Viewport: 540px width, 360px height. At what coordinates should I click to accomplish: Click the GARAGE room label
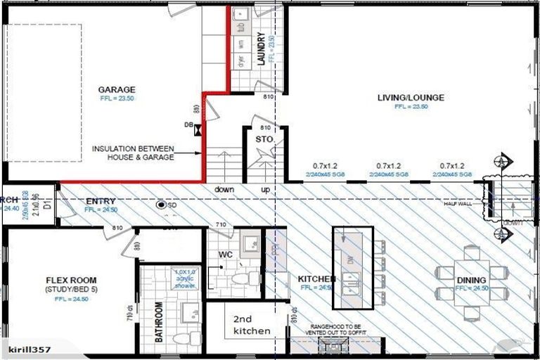(117, 89)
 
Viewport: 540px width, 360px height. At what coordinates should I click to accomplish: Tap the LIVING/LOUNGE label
(411, 98)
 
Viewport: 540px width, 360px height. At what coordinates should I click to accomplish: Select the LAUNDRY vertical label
(261, 49)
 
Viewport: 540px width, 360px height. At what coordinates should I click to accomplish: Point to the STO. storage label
(264, 141)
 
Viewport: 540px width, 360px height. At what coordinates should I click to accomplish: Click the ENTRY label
(100, 201)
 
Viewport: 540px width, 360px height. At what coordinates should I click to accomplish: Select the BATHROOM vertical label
(159, 323)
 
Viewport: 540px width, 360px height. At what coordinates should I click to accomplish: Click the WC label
(225, 252)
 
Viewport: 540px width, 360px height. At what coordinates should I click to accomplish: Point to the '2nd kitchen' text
(247, 324)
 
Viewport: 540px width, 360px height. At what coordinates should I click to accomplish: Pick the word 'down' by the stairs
(224, 190)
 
